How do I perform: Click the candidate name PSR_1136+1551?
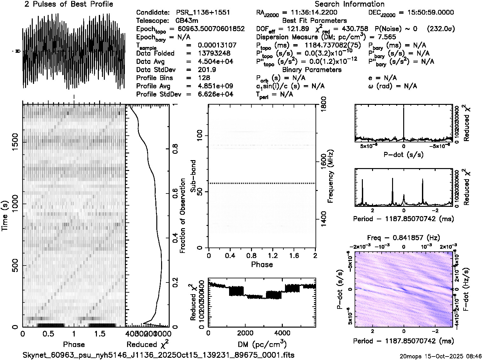tap(203, 13)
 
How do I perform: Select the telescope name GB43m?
tap(188, 21)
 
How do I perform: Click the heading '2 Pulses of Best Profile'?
tap(69, 4)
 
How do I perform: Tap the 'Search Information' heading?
tap(350, 4)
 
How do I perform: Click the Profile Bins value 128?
tap(204, 78)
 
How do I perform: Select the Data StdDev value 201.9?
tap(207, 70)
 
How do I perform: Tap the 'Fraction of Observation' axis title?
tap(183, 216)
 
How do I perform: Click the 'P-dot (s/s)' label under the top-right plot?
tap(404, 155)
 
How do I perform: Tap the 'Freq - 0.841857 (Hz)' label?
tap(404, 238)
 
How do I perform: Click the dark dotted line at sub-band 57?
tap(262, 183)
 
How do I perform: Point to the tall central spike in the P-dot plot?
tap(404, 124)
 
